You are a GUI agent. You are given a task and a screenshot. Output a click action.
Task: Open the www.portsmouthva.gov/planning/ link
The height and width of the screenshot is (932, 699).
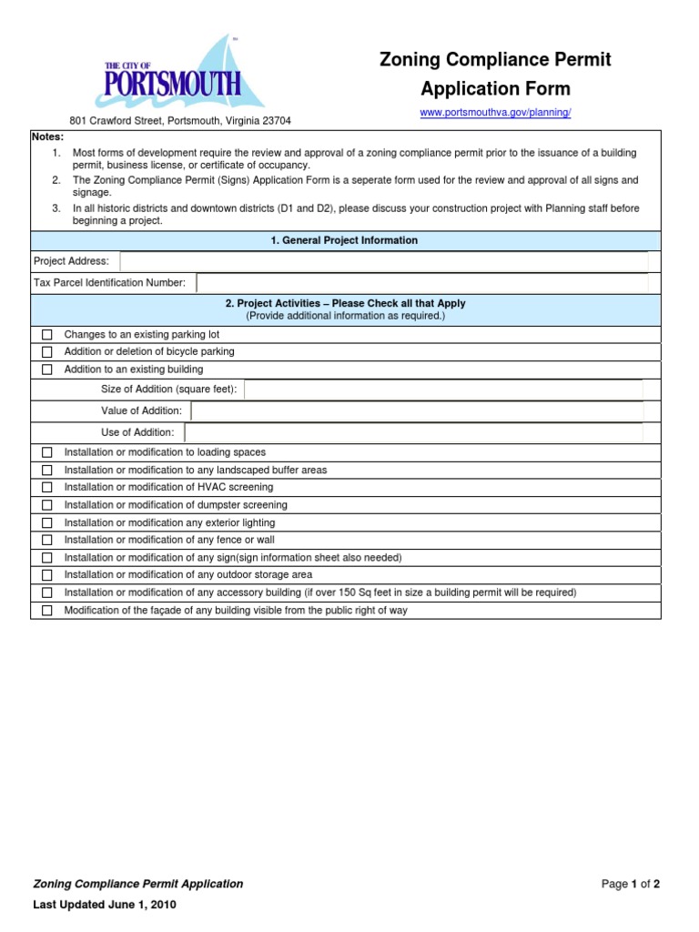pos(495,112)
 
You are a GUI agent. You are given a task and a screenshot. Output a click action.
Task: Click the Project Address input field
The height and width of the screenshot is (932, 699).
pos(383,261)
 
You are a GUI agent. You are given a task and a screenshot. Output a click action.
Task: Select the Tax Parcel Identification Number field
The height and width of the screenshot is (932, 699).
pos(421,283)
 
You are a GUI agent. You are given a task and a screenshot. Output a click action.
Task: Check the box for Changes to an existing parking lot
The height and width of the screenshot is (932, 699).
pos(47,335)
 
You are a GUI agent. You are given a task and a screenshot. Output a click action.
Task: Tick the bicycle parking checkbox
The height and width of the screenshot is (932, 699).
pos(47,352)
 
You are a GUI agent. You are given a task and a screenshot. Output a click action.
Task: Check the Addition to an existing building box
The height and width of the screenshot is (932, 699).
pos(47,370)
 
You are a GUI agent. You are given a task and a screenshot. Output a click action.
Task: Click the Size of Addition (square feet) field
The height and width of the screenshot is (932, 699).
pos(443,390)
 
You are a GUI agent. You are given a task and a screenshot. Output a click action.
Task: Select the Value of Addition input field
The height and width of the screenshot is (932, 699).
pos(417,411)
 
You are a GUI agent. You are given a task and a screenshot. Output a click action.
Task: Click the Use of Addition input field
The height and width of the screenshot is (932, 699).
pos(413,432)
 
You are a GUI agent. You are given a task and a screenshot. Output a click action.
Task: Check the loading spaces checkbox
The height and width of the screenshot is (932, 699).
pos(47,452)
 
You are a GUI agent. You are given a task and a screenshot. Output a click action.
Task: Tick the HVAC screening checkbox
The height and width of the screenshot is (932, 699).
pos(47,488)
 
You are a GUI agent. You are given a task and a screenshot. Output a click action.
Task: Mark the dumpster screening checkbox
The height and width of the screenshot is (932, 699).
pos(47,505)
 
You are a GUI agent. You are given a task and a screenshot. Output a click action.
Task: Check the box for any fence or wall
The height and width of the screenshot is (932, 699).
pos(47,541)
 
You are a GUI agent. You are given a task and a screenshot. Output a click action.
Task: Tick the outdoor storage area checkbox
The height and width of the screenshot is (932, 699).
pos(47,575)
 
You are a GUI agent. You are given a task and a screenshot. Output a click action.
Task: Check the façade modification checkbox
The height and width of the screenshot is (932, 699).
pos(47,611)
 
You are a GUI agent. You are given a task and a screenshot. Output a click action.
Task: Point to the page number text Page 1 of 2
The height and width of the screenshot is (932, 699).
pos(630,884)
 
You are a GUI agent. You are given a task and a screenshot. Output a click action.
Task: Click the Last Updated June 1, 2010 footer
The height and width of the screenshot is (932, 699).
pos(105,905)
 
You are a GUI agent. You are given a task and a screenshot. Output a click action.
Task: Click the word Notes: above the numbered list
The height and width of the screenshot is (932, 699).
pos(48,136)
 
